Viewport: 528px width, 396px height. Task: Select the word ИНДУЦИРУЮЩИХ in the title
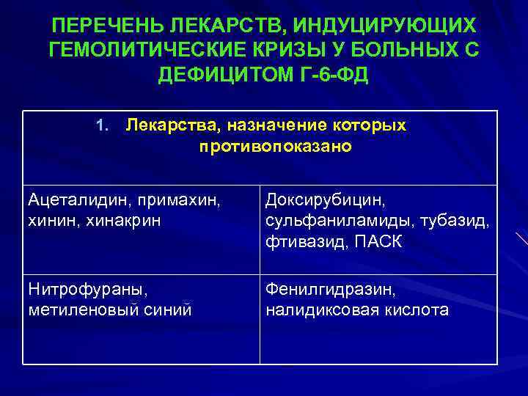tap(384, 26)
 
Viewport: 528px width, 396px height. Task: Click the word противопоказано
tap(275, 147)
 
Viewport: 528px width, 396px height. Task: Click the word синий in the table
tap(168, 311)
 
